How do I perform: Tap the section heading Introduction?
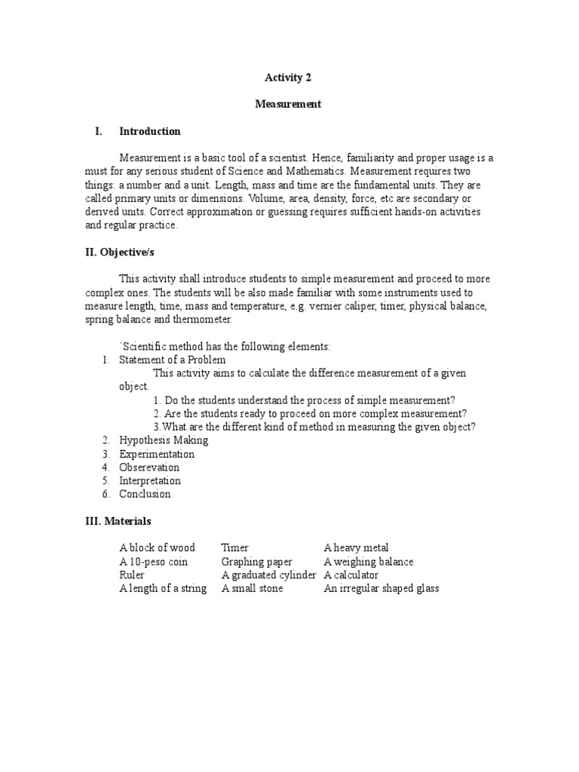[x=150, y=131]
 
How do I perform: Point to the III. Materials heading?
[x=118, y=521]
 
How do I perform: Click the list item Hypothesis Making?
[x=163, y=440]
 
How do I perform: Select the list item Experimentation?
[x=156, y=454]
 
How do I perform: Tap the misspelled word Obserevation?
[x=149, y=467]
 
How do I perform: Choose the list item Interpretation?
[x=149, y=481]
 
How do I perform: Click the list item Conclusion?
[x=145, y=495]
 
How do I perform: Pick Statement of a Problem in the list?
[x=172, y=360]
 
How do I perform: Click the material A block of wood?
[x=157, y=548]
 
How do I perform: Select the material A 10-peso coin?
[x=153, y=562]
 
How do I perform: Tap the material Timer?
[x=234, y=548]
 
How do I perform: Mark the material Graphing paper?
[x=256, y=562]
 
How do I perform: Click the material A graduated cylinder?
[x=269, y=575]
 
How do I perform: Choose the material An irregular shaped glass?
[x=381, y=589]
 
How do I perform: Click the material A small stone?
[x=252, y=589]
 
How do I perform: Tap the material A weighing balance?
[x=368, y=562]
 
